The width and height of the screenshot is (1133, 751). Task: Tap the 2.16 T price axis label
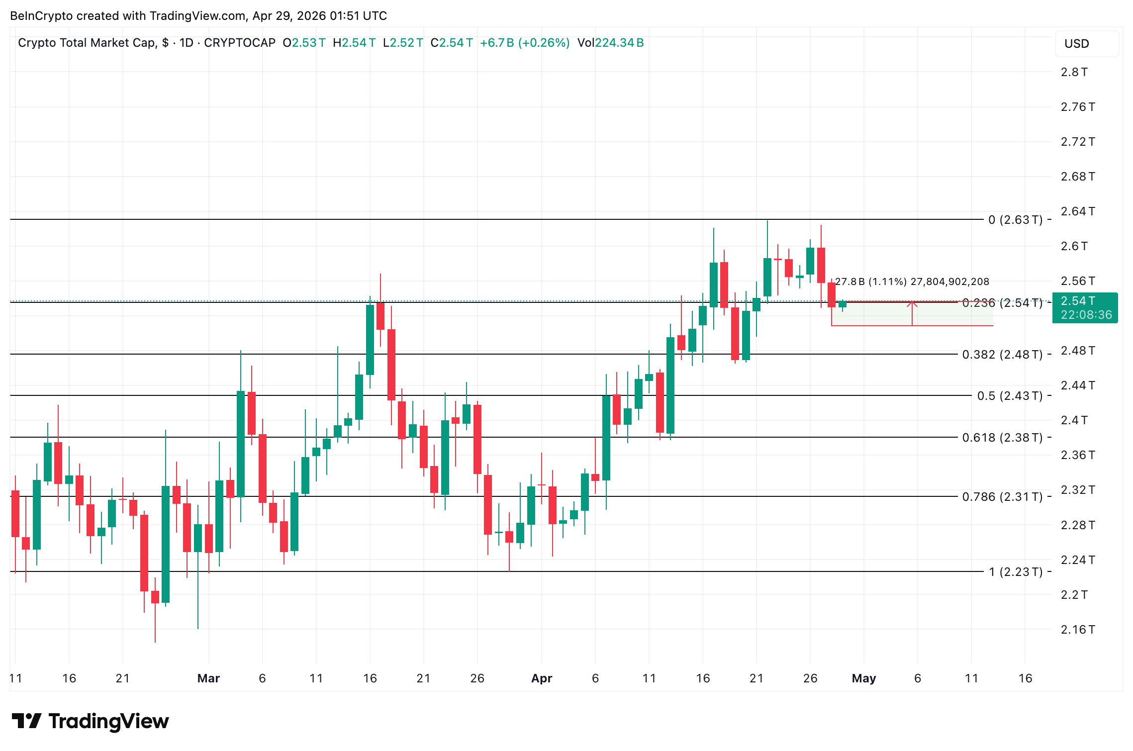click(1077, 630)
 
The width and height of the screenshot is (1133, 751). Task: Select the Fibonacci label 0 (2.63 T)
click(1015, 220)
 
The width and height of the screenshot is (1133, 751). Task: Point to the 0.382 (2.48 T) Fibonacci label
click(1002, 355)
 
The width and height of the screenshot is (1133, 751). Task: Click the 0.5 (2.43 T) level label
click(1009, 396)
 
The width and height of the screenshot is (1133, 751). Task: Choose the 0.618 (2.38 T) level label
click(1002, 438)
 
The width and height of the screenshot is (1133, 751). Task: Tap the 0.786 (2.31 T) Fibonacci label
click(1002, 497)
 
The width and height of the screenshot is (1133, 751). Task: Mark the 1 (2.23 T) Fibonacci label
click(1015, 572)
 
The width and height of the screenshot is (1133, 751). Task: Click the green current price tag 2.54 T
click(1085, 308)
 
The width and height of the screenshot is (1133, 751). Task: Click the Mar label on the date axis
click(208, 678)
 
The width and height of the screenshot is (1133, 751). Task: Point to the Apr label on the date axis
click(542, 678)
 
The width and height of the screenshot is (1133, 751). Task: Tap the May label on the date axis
click(864, 678)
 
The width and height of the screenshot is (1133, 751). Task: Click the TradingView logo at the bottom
click(91, 721)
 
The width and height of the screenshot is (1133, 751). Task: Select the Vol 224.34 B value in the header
click(610, 43)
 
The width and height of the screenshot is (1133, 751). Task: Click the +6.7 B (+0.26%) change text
click(525, 43)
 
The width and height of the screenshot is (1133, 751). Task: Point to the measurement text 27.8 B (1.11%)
click(871, 282)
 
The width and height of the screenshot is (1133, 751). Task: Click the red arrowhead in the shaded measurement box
click(912, 303)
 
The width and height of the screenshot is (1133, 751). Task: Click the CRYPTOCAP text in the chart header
click(239, 43)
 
